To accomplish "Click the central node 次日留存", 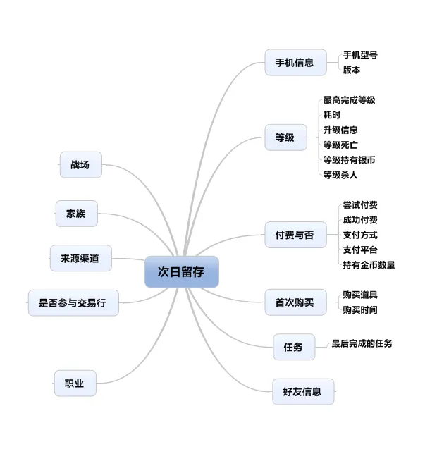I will click(x=181, y=271).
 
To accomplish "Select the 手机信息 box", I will click(x=295, y=62).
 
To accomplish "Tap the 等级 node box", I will click(x=285, y=137).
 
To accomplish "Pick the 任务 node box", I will click(x=293, y=347).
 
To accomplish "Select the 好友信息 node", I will click(x=302, y=391).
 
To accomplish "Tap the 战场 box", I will click(x=80, y=165).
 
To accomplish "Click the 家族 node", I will click(x=76, y=214).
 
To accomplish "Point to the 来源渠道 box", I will click(x=80, y=259).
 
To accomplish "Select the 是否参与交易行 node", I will click(x=73, y=303).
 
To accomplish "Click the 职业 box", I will click(x=75, y=384).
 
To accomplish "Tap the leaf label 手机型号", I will click(x=360, y=55).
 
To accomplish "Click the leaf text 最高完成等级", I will click(x=349, y=100).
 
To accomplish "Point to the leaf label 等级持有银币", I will click(x=349, y=160).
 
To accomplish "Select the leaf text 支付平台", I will click(x=360, y=250).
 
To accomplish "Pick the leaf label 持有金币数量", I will click(x=369, y=265).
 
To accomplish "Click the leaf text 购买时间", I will click(x=360, y=309).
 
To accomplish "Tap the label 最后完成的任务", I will click(x=362, y=343).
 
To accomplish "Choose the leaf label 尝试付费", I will click(x=360, y=205).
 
